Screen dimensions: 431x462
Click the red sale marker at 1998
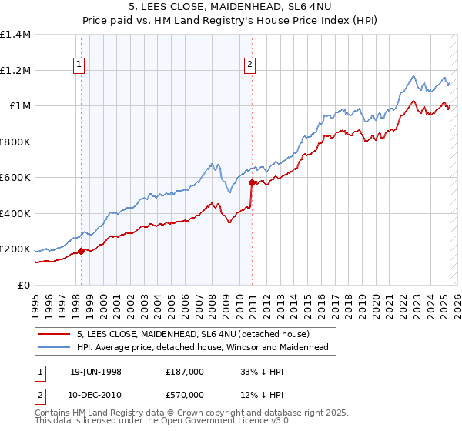point(81,249)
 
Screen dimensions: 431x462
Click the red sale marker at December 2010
point(252,182)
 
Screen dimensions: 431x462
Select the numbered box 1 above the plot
point(80,65)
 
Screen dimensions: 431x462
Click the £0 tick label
point(23,286)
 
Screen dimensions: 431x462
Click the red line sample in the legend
point(54,334)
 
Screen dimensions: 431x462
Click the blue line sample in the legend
point(54,347)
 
